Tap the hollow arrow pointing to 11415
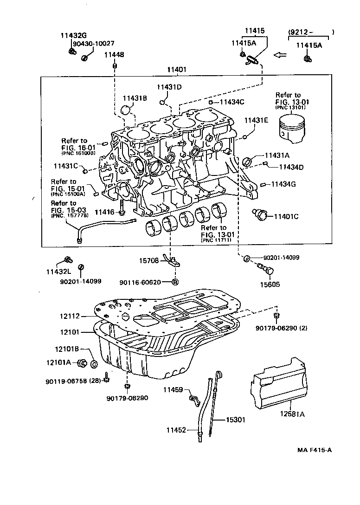tap(280, 55)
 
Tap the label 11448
tap(114, 55)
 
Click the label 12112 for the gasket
tap(70, 316)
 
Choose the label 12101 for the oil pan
tap(70, 332)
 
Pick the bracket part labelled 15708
tap(173, 264)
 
